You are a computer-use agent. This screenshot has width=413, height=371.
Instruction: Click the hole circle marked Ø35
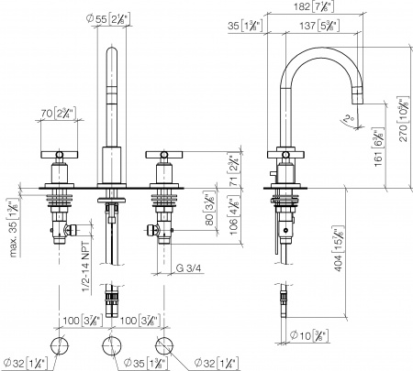(x=114, y=346)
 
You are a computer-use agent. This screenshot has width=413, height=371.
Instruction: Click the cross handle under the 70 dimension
(x=61, y=153)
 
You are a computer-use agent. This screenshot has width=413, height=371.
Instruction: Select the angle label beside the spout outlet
(x=345, y=117)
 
